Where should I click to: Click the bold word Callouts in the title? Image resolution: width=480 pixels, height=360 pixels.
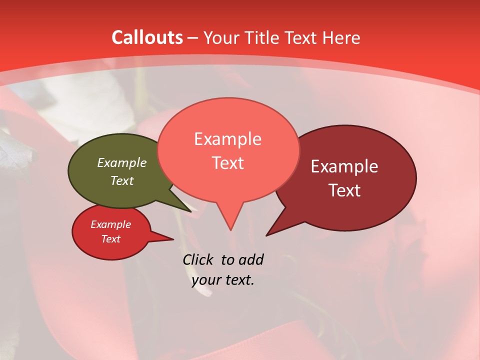147,37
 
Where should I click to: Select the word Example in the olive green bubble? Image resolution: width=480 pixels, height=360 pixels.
121,162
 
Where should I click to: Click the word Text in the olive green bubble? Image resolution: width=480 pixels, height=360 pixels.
121,180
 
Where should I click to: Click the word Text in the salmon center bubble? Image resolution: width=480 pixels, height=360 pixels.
227,162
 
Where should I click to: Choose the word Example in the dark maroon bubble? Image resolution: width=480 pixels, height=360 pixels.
344,166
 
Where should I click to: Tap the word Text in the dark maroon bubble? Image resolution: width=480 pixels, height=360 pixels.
344,190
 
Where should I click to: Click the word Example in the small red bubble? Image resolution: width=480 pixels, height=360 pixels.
110,224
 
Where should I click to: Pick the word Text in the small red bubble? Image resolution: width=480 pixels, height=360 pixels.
110,239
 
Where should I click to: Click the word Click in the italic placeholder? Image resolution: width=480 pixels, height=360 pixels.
198,259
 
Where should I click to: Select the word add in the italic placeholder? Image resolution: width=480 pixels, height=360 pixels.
250,259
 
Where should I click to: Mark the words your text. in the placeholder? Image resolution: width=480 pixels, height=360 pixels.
222,280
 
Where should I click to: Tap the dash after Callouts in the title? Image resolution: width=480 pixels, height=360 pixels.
192,38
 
